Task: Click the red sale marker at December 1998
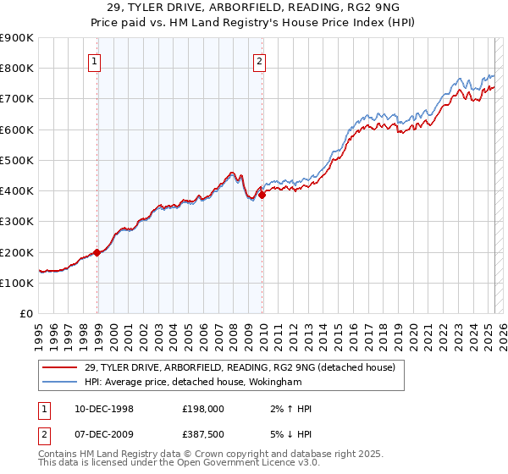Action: pos(97,252)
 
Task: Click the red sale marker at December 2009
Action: pos(262,194)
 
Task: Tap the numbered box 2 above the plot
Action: pos(259,60)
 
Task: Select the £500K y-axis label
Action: pos(17,160)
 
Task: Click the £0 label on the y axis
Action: pos(25,314)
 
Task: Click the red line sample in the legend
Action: pos(60,367)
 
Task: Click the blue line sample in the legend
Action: pos(60,382)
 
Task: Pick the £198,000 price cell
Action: pos(201,409)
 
